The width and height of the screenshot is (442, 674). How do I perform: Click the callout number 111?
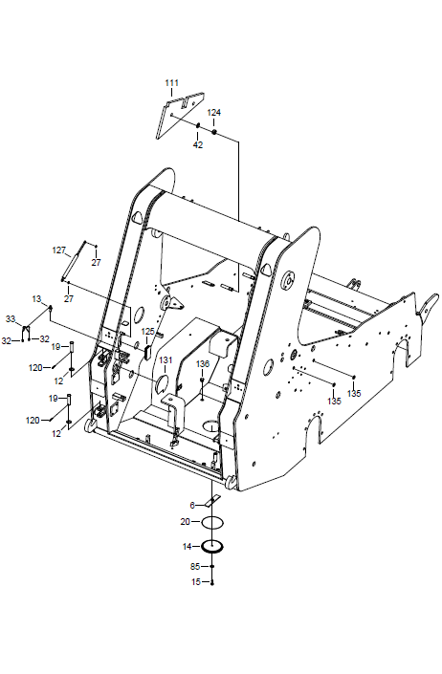(x=171, y=83)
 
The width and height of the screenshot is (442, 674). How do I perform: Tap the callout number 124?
(x=214, y=113)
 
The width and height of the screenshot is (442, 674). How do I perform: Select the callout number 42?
(x=198, y=145)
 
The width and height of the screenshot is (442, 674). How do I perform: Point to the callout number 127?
(x=59, y=250)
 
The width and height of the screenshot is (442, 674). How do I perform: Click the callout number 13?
(x=36, y=298)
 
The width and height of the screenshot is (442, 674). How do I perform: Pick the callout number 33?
(x=11, y=319)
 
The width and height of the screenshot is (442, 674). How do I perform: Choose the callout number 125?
(x=147, y=332)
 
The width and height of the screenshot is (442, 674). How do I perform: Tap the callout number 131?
(x=166, y=359)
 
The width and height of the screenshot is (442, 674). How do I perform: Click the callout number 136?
(x=203, y=364)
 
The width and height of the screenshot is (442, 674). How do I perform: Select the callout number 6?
(x=192, y=506)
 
